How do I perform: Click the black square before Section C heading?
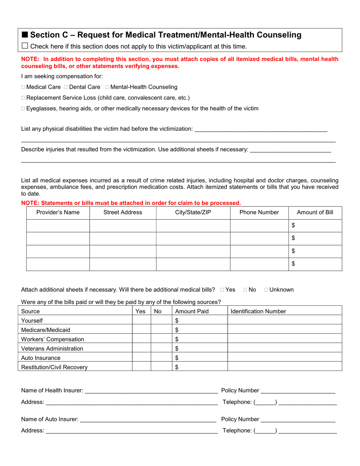(x=25, y=35)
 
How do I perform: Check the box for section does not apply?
(x=25, y=46)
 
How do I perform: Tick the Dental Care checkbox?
(x=66, y=87)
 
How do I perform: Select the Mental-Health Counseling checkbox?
(x=107, y=87)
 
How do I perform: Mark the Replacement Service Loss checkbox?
(x=23, y=98)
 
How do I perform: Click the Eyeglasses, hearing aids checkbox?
(x=23, y=109)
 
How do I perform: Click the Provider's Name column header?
(x=58, y=213)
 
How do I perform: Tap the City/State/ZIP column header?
(x=193, y=213)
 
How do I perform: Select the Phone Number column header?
(x=259, y=213)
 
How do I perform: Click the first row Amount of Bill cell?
(x=315, y=225)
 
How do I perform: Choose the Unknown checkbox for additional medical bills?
(x=266, y=290)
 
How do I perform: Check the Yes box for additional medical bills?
(x=222, y=290)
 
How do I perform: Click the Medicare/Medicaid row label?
(x=45, y=330)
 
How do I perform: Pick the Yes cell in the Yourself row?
(x=141, y=321)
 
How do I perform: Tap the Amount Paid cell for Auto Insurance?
(x=200, y=358)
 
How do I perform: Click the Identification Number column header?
(x=258, y=311)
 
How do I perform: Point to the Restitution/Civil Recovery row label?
(x=54, y=367)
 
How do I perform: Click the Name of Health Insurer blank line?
(x=151, y=390)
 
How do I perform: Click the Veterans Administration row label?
(x=52, y=349)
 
